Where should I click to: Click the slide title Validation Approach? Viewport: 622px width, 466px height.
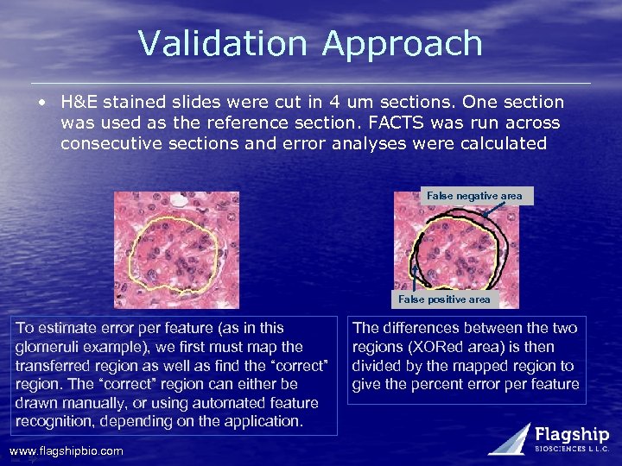310,43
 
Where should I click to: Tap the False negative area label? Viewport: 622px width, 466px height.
474,196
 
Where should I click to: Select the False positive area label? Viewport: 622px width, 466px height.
444,299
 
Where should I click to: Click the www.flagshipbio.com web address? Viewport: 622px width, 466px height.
66,450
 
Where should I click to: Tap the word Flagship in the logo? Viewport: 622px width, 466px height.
572,435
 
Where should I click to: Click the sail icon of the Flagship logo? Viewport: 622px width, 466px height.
511,438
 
